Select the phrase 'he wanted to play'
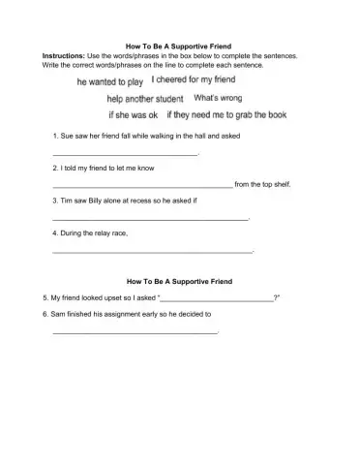point(109,83)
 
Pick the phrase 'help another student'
point(145,99)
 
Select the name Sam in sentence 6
point(56,315)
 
